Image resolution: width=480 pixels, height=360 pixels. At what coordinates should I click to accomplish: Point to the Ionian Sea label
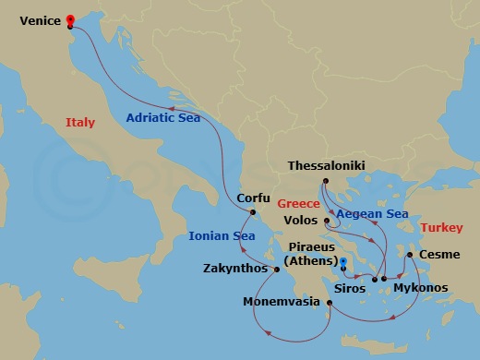pyautogui.click(x=222, y=235)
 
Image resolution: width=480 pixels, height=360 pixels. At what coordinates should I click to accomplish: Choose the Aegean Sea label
pyautogui.click(x=372, y=214)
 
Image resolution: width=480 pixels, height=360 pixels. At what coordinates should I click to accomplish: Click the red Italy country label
pyautogui.click(x=80, y=123)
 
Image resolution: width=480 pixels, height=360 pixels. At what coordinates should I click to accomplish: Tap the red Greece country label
pyautogui.click(x=299, y=201)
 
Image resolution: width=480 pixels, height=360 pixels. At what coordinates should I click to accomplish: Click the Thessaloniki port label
pyautogui.click(x=327, y=166)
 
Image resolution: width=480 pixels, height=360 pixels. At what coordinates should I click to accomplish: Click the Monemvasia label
pyautogui.click(x=282, y=302)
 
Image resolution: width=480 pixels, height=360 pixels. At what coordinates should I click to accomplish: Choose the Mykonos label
pyautogui.click(x=421, y=288)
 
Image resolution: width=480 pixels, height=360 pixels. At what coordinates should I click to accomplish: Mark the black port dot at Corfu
pyautogui.click(x=248, y=211)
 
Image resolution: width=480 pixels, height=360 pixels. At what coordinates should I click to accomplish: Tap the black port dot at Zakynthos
pyautogui.click(x=276, y=269)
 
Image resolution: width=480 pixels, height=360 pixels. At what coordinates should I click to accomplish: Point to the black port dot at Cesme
pyautogui.click(x=410, y=254)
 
